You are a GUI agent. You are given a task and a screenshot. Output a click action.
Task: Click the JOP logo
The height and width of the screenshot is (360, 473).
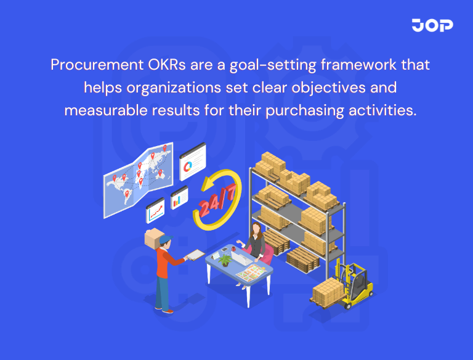[x=432, y=25]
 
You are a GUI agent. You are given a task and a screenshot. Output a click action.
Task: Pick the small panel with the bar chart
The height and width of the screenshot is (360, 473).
[x=179, y=197]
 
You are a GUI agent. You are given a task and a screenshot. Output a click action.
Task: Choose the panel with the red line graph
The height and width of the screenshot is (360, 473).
[x=155, y=211]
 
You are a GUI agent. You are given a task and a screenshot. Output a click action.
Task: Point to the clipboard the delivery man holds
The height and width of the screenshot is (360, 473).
[x=196, y=254]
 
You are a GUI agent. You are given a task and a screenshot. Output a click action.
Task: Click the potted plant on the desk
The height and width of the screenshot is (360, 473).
[x=225, y=259]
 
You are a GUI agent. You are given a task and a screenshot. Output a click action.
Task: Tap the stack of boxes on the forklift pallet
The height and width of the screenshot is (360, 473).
[x=326, y=290]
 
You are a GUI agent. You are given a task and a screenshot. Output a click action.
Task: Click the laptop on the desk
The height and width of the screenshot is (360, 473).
[x=244, y=258]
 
